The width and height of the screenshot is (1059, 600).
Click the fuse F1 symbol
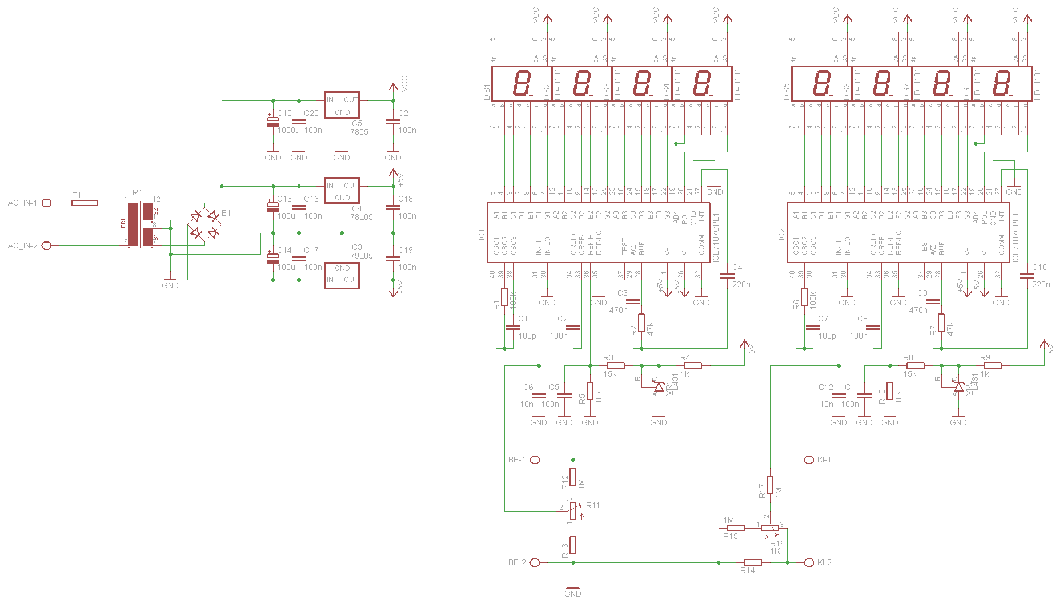(85, 203)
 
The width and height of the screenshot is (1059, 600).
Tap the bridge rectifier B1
(204, 224)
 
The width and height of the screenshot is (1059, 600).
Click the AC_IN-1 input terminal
(47, 203)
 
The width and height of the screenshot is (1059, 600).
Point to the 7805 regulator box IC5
(342, 105)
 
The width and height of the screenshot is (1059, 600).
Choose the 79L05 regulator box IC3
(342, 275)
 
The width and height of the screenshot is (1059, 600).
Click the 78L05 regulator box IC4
(342, 191)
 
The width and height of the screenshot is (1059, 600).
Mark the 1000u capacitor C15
(273, 122)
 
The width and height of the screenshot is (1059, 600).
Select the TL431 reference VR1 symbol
(659, 387)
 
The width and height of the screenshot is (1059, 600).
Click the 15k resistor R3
(615, 365)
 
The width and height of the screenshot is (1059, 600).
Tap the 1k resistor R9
(992, 365)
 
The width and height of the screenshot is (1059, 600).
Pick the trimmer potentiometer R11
(573, 510)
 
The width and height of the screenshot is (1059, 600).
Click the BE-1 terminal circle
(535, 460)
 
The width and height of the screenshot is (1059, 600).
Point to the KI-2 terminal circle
(808, 562)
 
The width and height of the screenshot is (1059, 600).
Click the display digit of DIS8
(1002, 83)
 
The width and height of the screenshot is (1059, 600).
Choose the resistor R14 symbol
(752, 562)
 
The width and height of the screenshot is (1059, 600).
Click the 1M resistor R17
(770, 485)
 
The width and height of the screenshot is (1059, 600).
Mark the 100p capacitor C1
(513, 328)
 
